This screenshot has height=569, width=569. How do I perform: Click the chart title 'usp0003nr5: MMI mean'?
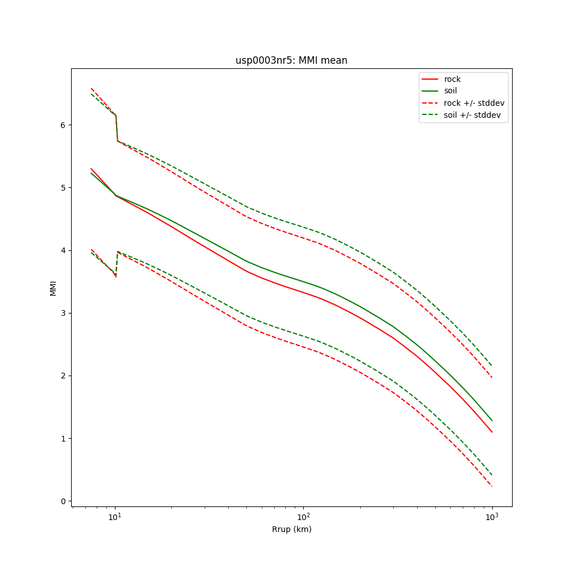(291, 60)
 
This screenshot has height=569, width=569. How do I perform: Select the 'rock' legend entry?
(452, 79)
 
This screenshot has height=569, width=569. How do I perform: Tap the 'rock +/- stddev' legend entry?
(474, 103)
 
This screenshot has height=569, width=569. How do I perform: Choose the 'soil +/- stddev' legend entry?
(473, 115)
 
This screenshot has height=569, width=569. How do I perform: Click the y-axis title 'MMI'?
(53, 287)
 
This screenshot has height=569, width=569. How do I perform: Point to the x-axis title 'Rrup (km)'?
(291, 529)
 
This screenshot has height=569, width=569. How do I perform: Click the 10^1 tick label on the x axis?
(116, 517)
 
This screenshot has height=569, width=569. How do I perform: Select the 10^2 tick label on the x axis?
(304, 517)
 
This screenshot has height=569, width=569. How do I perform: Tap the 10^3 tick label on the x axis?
(492, 517)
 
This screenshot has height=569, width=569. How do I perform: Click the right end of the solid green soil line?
(492, 420)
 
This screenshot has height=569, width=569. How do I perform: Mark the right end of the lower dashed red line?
(492, 486)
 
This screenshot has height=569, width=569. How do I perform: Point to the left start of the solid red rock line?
(91, 168)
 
